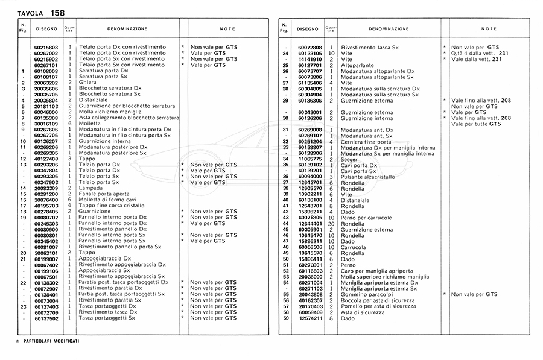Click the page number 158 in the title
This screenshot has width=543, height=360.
point(58,13)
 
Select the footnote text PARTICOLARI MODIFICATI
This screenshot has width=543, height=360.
point(51,342)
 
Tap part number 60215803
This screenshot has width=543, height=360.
point(46,47)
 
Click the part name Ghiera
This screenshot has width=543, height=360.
point(87,83)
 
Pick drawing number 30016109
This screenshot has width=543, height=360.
point(46,124)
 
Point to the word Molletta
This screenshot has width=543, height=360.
point(90,124)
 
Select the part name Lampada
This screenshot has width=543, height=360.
point(91,188)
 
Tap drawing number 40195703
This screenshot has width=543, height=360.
point(46,206)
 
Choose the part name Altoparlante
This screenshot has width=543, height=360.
point(358,65)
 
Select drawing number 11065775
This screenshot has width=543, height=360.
point(310,159)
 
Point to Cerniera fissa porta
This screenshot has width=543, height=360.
point(366,142)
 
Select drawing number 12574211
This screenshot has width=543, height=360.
point(310,318)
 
